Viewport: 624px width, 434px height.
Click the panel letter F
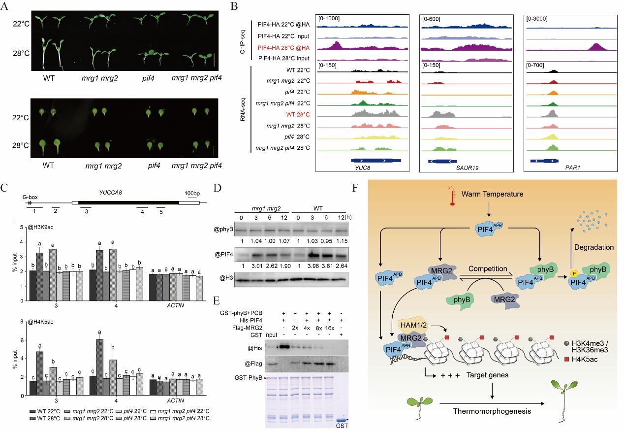(356, 188)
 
